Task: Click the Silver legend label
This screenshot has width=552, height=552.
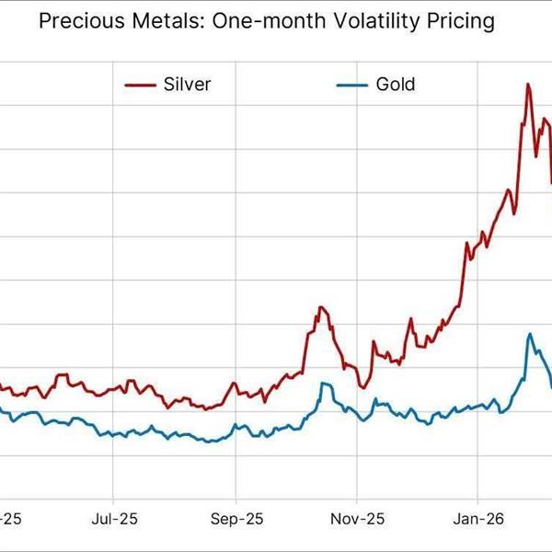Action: coord(187,85)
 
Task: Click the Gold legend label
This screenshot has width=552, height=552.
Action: coord(396,85)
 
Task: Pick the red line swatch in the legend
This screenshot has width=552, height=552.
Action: coord(139,86)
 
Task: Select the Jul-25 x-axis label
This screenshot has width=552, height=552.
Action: coord(114,520)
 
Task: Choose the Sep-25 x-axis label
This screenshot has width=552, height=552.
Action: coord(236,520)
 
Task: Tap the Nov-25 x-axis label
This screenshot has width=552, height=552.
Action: coord(356,520)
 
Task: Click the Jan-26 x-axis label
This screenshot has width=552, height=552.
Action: coord(478,520)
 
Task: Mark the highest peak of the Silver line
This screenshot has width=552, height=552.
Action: coord(527,85)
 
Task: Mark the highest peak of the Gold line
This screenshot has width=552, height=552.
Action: coord(529,334)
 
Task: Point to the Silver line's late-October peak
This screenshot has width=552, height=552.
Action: coord(320,307)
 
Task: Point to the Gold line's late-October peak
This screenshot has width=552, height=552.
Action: coord(323,384)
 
